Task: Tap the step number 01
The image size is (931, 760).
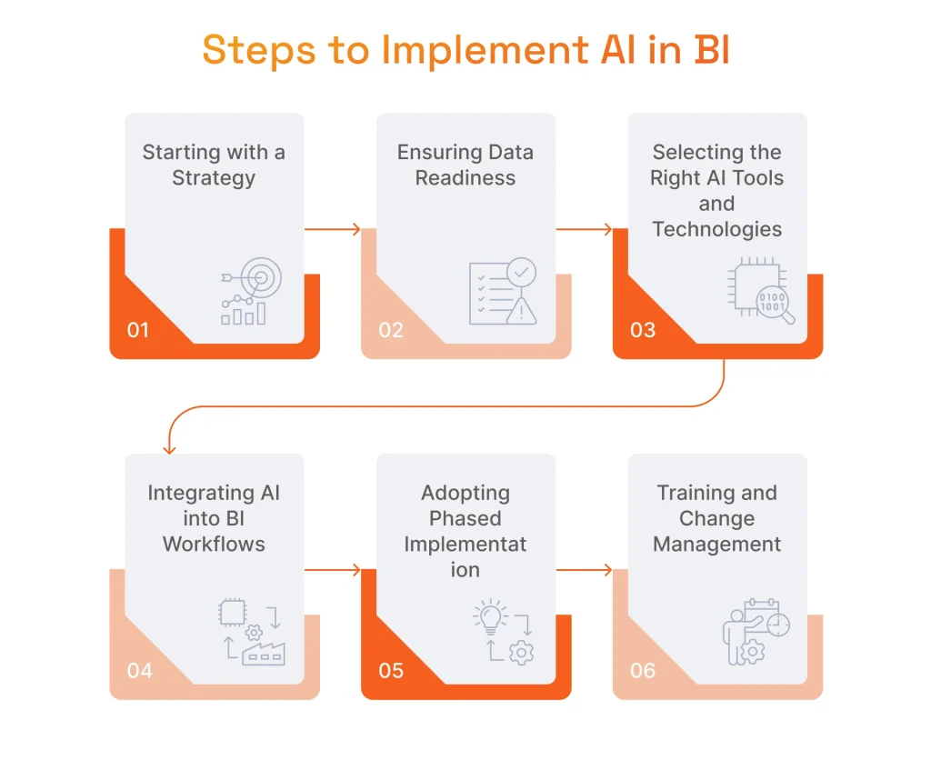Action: coord(137,330)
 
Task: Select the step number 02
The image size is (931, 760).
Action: coord(390,330)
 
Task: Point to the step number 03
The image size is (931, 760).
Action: coord(642,330)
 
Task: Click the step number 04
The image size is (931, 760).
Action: coord(139,671)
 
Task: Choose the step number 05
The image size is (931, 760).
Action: coord(391,671)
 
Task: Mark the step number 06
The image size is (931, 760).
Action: coord(642,671)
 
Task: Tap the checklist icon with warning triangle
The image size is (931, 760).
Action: coord(502,292)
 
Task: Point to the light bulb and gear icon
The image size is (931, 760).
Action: coord(503,632)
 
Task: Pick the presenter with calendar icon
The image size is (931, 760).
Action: coord(755,632)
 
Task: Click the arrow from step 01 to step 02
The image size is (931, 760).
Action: coord(333,230)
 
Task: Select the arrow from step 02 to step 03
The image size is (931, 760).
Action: coord(585,230)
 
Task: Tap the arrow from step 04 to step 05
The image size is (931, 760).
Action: coord(333,571)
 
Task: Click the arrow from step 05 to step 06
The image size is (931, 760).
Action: coord(585,571)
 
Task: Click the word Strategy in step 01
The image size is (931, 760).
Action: coord(214,177)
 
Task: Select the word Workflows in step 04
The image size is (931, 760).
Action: coord(214,545)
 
